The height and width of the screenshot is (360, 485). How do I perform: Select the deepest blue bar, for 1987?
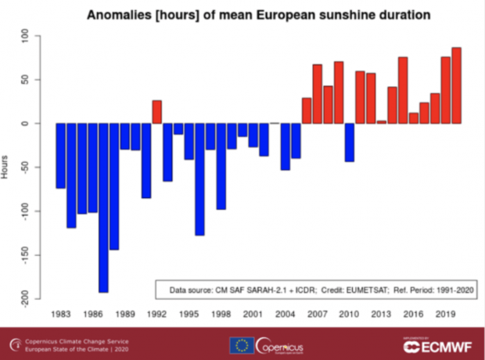pyautogui.click(x=103, y=207)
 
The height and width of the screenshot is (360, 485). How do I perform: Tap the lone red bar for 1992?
pyautogui.click(x=156, y=112)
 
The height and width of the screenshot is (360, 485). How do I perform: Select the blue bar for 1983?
pyautogui.click(x=61, y=156)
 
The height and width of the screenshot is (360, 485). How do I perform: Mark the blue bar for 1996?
pyautogui.click(x=199, y=179)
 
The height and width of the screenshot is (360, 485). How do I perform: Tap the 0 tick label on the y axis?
pyautogui.click(x=26, y=124)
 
